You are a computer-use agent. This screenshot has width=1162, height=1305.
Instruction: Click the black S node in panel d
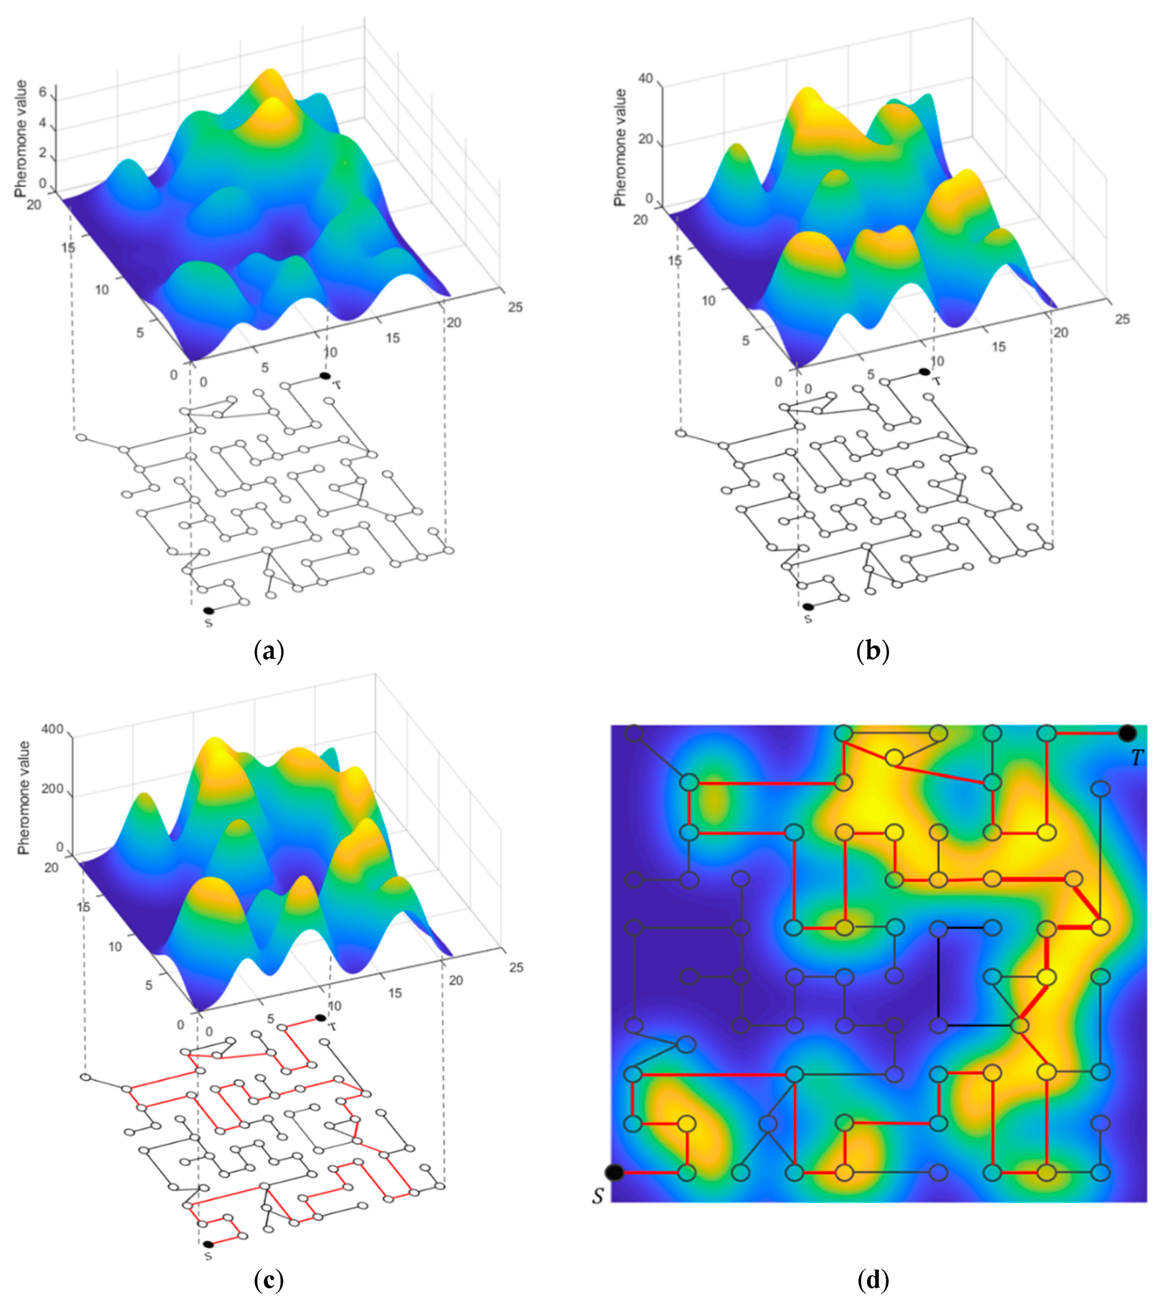click(x=614, y=1172)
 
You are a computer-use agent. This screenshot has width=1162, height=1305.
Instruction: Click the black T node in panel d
click(x=1127, y=732)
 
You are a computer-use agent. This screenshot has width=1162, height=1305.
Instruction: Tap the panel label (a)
click(x=269, y=651)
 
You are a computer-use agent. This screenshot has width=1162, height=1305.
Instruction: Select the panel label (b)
click(x=874, y=651)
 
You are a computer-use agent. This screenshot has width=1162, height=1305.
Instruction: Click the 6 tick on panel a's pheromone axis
click(x=43, y=92)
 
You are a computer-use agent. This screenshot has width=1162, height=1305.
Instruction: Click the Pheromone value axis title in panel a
click(x=21, y=139)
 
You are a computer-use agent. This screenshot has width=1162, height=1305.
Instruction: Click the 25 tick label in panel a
click(x=515, y=307)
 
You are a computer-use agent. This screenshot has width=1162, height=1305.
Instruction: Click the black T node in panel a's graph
click(x=325, y=376)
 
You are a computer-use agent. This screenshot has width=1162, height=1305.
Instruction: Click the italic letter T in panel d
click(x=1137, y=758)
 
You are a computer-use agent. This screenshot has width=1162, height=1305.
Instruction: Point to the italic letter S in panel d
click(x=598, y=1195)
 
